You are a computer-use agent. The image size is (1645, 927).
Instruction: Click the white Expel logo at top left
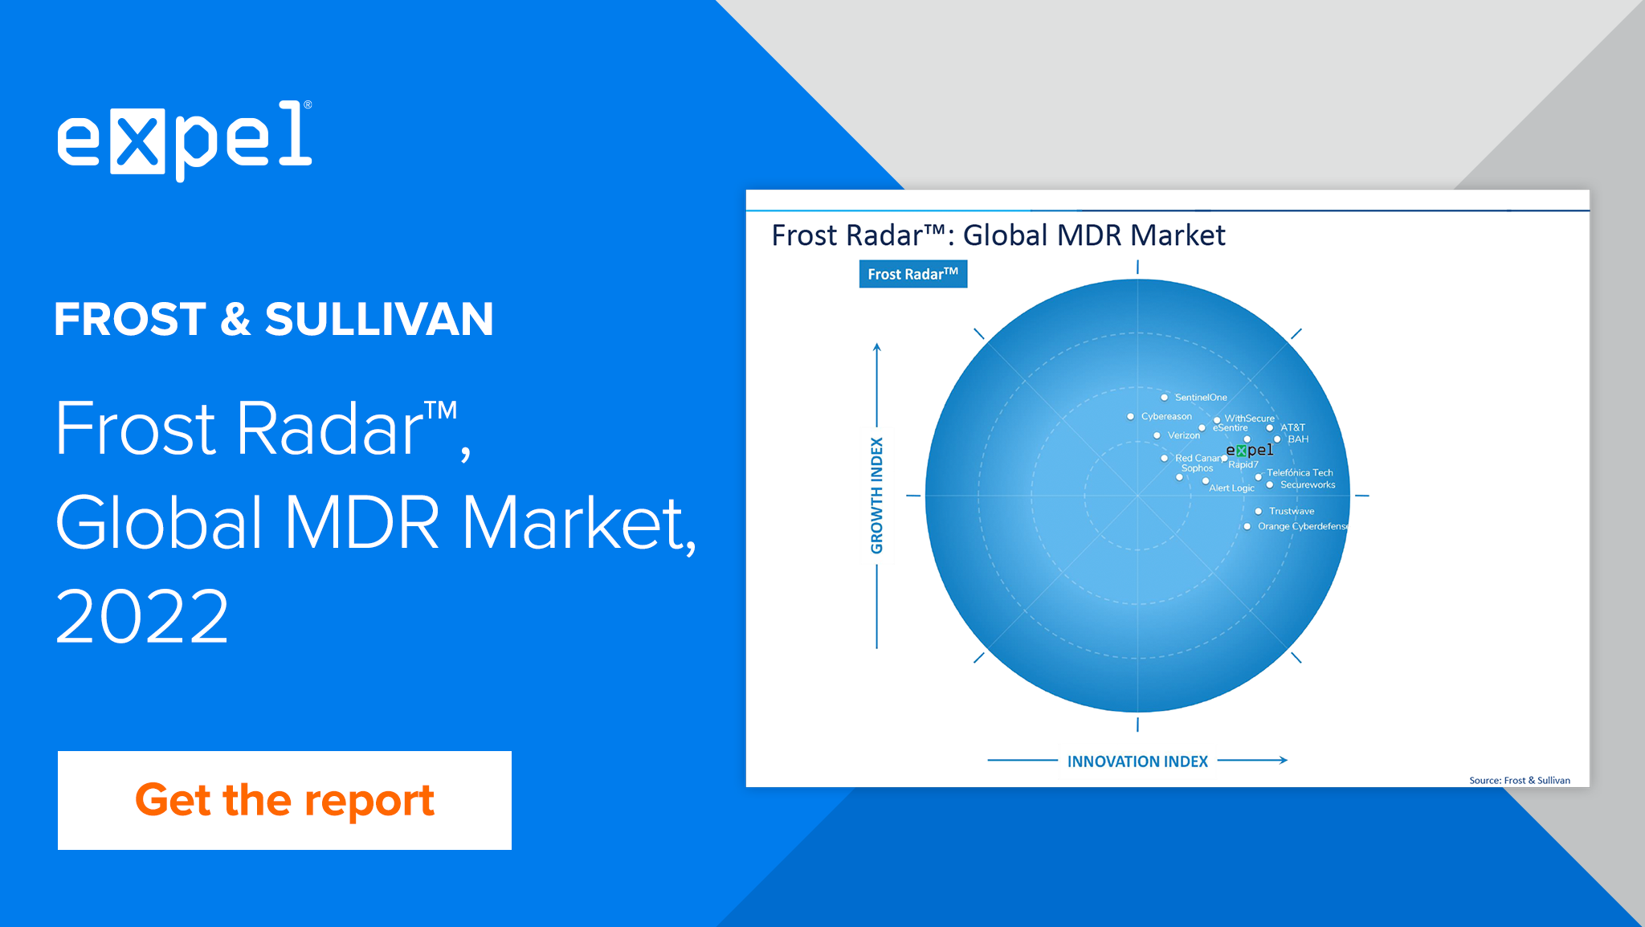click(x=185, y=140)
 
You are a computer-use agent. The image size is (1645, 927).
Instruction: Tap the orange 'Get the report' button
click(x=284, y=800)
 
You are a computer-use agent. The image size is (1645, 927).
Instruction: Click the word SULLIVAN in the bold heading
click(x=379, y=320)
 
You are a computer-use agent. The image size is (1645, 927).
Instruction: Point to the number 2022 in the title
click(x=142, y=616)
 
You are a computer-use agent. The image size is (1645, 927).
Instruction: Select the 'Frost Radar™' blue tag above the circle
click(x=913, y=274)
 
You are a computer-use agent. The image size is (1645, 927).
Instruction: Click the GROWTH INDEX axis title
click(x=876, y=496)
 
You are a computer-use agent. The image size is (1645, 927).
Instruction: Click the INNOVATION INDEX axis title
click(x=1137, y=762)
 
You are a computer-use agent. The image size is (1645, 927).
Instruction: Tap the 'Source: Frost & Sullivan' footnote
click(x=1520, y=780)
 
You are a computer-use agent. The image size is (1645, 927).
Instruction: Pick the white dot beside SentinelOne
click(x=1165, y=398)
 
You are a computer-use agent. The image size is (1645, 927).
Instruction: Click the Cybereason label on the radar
click(x=1166, y=416)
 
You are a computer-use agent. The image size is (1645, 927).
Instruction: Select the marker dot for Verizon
click(x=1157, y=435)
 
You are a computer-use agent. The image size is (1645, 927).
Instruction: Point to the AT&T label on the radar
click(x=1293, y=427)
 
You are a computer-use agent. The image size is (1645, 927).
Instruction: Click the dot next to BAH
click(x=1277, y=439)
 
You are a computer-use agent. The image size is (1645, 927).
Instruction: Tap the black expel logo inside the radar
click(x=1250, y=450)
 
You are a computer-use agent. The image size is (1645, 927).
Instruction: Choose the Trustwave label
click(x=1292, y=511)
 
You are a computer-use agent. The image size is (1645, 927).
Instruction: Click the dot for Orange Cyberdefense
click(x=1247, y=527)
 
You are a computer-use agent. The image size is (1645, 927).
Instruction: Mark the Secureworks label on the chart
click(x=1308, y=484)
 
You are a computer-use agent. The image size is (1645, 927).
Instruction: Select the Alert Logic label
click(x=1231, y=488)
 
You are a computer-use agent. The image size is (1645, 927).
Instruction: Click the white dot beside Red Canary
click(x=1165, y=459)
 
